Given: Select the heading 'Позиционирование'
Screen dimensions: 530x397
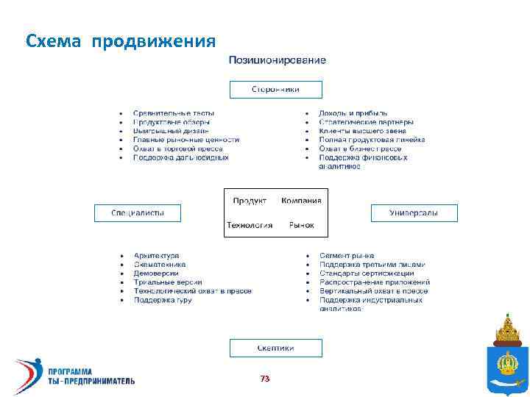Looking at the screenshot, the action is (277, 60).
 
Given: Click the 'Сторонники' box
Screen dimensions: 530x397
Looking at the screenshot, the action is (276, 89).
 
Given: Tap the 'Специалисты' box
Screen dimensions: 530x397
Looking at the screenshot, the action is (137, 213).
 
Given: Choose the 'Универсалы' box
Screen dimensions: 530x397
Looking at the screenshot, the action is (414, 213).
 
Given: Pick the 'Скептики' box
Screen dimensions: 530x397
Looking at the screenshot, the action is (276, 348).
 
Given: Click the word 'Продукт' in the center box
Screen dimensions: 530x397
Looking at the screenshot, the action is (250, 201).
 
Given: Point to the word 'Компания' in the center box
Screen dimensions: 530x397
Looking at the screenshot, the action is (301, 201).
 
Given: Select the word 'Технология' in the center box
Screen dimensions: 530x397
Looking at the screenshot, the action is (250, 225).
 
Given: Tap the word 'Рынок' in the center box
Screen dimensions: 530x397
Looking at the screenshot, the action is (302, 225).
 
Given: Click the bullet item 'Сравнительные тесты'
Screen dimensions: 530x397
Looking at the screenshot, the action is (174, 113).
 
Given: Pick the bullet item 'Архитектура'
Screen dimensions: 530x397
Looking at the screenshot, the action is (156, 256).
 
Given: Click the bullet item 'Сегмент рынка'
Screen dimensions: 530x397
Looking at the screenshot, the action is (347, 256).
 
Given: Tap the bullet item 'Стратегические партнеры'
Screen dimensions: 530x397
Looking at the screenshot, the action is (366, 122).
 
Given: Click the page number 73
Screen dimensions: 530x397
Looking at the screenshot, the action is (265, 379).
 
